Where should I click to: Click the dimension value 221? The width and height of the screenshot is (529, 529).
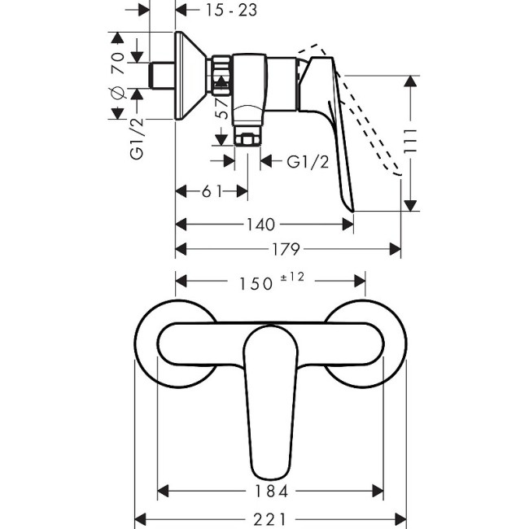(270, 518)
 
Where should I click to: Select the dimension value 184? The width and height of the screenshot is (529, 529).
(270, 491)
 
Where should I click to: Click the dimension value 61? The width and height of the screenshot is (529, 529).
(212, 191)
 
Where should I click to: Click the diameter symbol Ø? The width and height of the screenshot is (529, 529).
(116, 91)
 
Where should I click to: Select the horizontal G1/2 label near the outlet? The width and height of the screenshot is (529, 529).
(308, 161)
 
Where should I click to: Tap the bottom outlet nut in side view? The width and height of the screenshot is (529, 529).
(247, 135)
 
